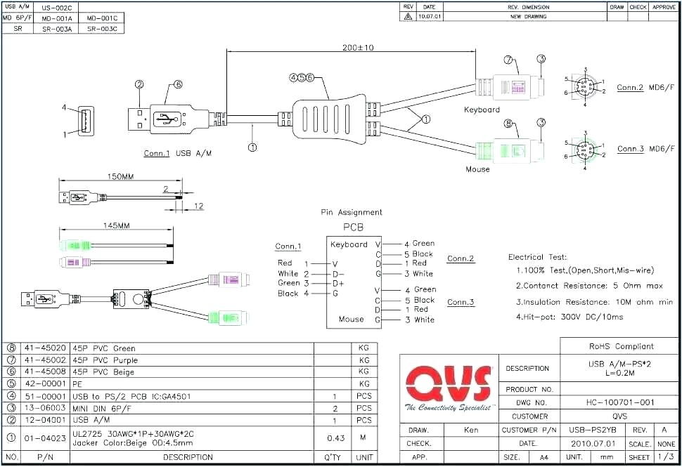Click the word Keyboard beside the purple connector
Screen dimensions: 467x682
[482, 110]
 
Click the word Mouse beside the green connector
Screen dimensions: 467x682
[477, 169]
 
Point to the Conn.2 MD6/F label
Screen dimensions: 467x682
[645, 88]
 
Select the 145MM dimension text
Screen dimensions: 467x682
[116, 227]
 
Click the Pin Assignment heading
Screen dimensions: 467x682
[352, 212]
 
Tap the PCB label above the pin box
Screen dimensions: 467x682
[353, 228]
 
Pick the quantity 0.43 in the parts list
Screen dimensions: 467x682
[335, 438]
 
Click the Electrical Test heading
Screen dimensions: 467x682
[537, 258]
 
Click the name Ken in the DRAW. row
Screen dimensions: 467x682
[471, 430]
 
